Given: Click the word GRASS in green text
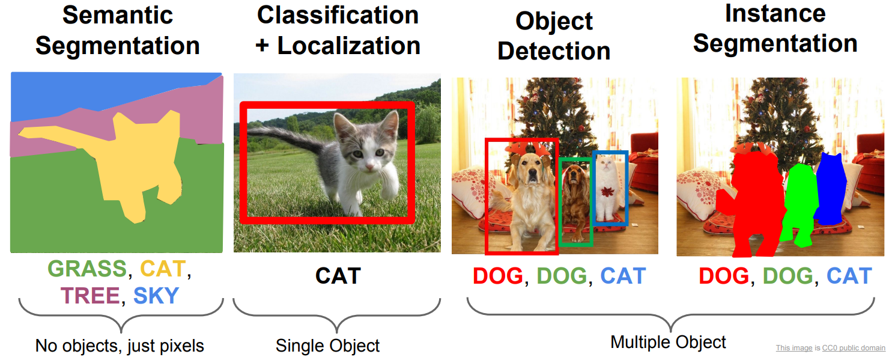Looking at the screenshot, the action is point(87,269).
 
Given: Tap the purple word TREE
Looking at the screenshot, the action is point(90,296).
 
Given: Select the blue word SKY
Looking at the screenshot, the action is point(156,296).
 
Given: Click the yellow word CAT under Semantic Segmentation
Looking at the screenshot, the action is point(163,269).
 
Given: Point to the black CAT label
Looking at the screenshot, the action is point(338,276).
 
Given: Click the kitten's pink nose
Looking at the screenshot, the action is point(369,166).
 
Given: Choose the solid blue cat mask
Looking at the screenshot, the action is point(831,189).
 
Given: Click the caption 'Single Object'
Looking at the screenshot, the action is point(328,346).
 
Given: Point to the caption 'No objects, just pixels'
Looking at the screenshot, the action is point(120,346).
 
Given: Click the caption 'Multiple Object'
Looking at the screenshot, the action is point(668,342).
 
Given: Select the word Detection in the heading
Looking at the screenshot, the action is point(554,51).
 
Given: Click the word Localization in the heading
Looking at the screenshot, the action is point(349,46).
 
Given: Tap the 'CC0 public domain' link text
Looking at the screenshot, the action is point(854,347).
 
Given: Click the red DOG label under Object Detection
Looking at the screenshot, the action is point(498,276).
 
